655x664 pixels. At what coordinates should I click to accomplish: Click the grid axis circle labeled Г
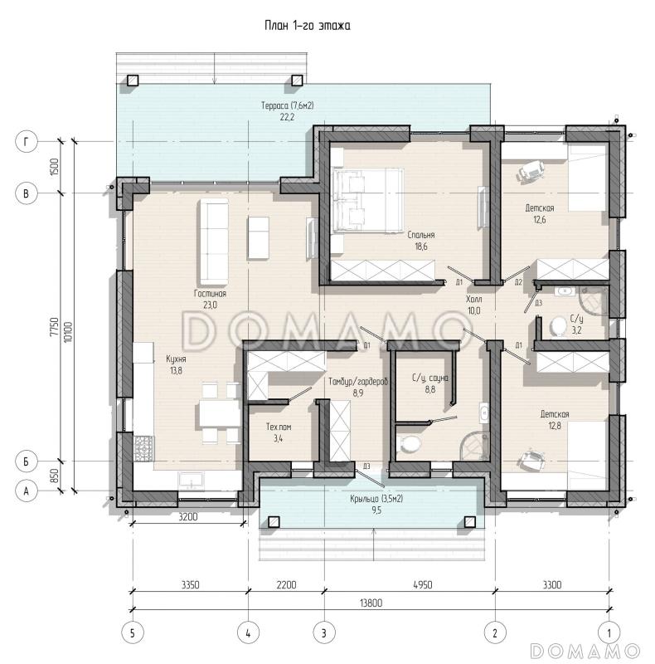pos(27,141)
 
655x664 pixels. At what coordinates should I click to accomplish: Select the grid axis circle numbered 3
pos(324,633)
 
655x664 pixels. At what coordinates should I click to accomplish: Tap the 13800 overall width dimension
pos(371,603)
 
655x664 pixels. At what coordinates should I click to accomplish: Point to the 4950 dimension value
pos(422,585)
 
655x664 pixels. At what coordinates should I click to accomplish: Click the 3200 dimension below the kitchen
pos(188,516)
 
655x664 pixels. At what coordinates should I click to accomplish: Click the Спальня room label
pos(421,235)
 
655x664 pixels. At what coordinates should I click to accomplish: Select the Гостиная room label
pos(211,293)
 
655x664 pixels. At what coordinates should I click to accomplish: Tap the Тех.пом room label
pos(279,427)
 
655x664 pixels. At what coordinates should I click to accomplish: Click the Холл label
pos(474,299)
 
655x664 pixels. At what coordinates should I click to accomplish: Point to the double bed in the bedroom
pos(367,200)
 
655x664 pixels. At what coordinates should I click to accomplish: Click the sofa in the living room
pos(214,242)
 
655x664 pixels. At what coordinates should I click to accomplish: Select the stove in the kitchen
pos(144,448)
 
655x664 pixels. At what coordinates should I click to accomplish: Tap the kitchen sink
pos(192,481)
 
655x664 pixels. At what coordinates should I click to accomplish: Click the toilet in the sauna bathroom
pos(409,443)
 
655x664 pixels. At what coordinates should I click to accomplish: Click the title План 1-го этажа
pos(308,26)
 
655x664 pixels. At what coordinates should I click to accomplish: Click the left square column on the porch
pos(274,522)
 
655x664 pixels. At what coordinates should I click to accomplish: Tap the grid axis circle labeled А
pos(27,491)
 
